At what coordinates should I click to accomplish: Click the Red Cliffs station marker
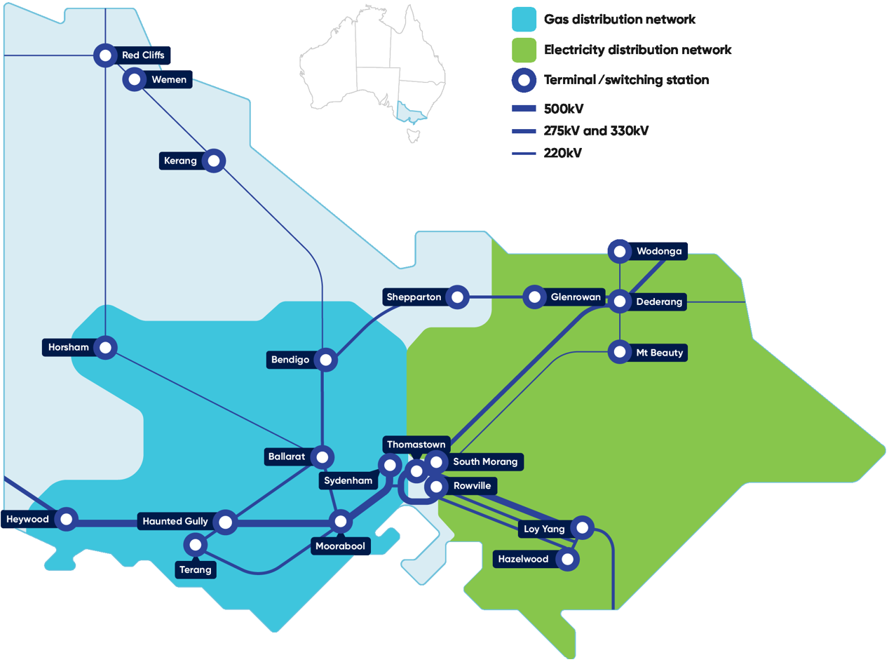tap(105, 55)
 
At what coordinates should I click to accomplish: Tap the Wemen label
tap(169, 80)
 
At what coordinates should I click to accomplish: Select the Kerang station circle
tap(214, 161)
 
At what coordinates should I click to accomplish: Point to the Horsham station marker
tap(105, 347)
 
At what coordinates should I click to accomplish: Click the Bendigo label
tap(290, 360)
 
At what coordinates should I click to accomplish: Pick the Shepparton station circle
tap(457, 297)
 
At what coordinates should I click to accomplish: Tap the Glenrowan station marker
tap(534, 297)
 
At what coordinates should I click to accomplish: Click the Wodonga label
tap(658, 251)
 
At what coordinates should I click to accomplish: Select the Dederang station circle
tap(620, 302)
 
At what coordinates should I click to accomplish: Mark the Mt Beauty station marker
tap(620, 352)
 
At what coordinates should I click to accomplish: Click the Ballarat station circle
tap(323, 457)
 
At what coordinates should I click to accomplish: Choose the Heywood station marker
tap(67, 519)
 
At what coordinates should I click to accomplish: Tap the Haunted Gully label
tap(175, 521)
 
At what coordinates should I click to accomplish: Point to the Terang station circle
tap(196, 544)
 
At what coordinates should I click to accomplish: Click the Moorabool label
tap(340, 546)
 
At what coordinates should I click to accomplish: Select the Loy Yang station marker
tap(582, 527)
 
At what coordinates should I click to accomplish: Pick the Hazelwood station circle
tap(568, 559)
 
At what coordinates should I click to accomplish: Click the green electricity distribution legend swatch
tap(524, 50)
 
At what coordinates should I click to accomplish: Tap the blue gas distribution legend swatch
tap(524, 20)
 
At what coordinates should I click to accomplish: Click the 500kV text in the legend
tap(564, 109)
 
